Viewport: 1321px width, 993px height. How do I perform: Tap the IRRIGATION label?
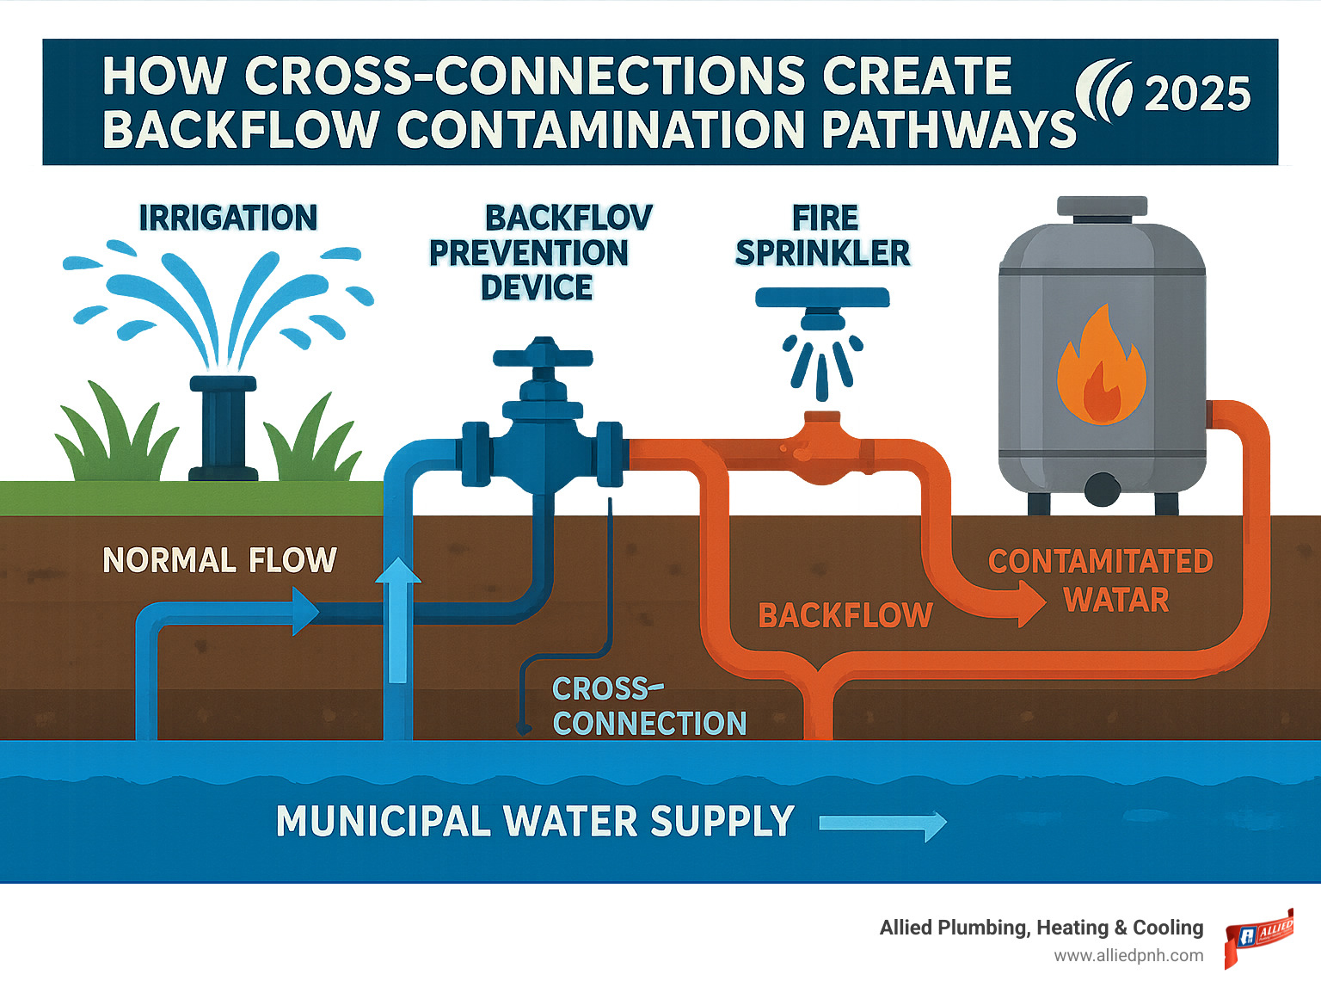[x=228, y=218]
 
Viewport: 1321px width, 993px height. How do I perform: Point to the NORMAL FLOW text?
[x=219, y=560]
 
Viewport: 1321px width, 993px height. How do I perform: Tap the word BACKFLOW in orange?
[x=845, y=615]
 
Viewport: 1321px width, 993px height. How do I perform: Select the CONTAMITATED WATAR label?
[x=1101, y=580]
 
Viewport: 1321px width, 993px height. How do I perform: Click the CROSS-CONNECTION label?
[x=648, y=706]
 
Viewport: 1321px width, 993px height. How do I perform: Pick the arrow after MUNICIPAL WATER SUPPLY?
[x=882, y=823]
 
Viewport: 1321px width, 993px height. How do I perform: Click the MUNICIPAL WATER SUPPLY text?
[x=534, y=821]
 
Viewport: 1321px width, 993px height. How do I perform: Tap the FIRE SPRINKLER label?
[x=823, y=236]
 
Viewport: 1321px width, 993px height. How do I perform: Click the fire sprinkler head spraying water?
[x=822, y=323]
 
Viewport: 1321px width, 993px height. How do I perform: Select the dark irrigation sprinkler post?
[x=223, y=428]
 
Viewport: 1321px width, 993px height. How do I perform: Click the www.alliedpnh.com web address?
[x=1128, y=956]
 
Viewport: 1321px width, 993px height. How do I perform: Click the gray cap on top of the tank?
[x=1102, y=207]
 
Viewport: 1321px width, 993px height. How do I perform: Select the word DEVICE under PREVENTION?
[x=537, y=287]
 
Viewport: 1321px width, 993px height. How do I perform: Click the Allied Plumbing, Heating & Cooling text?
[x=1041, y=928]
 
